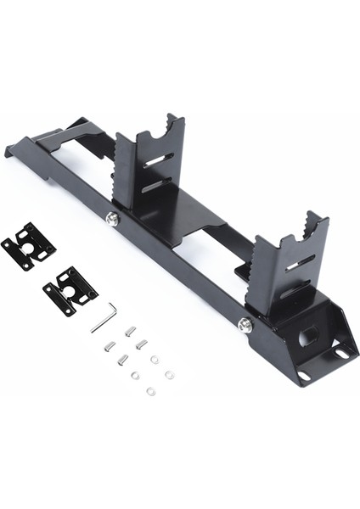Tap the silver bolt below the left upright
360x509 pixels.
(x=112, y=219)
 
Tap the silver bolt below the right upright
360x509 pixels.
(x=245, y=324)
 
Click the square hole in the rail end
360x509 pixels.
(x=308, y=333)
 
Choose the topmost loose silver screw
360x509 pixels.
(x=130, y=332)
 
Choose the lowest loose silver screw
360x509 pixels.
(x=122, y=360)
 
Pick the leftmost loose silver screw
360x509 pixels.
(x=110, y=345)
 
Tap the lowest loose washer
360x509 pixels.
(x=150, y=391)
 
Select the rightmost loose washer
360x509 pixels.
(x=169, y=374)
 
